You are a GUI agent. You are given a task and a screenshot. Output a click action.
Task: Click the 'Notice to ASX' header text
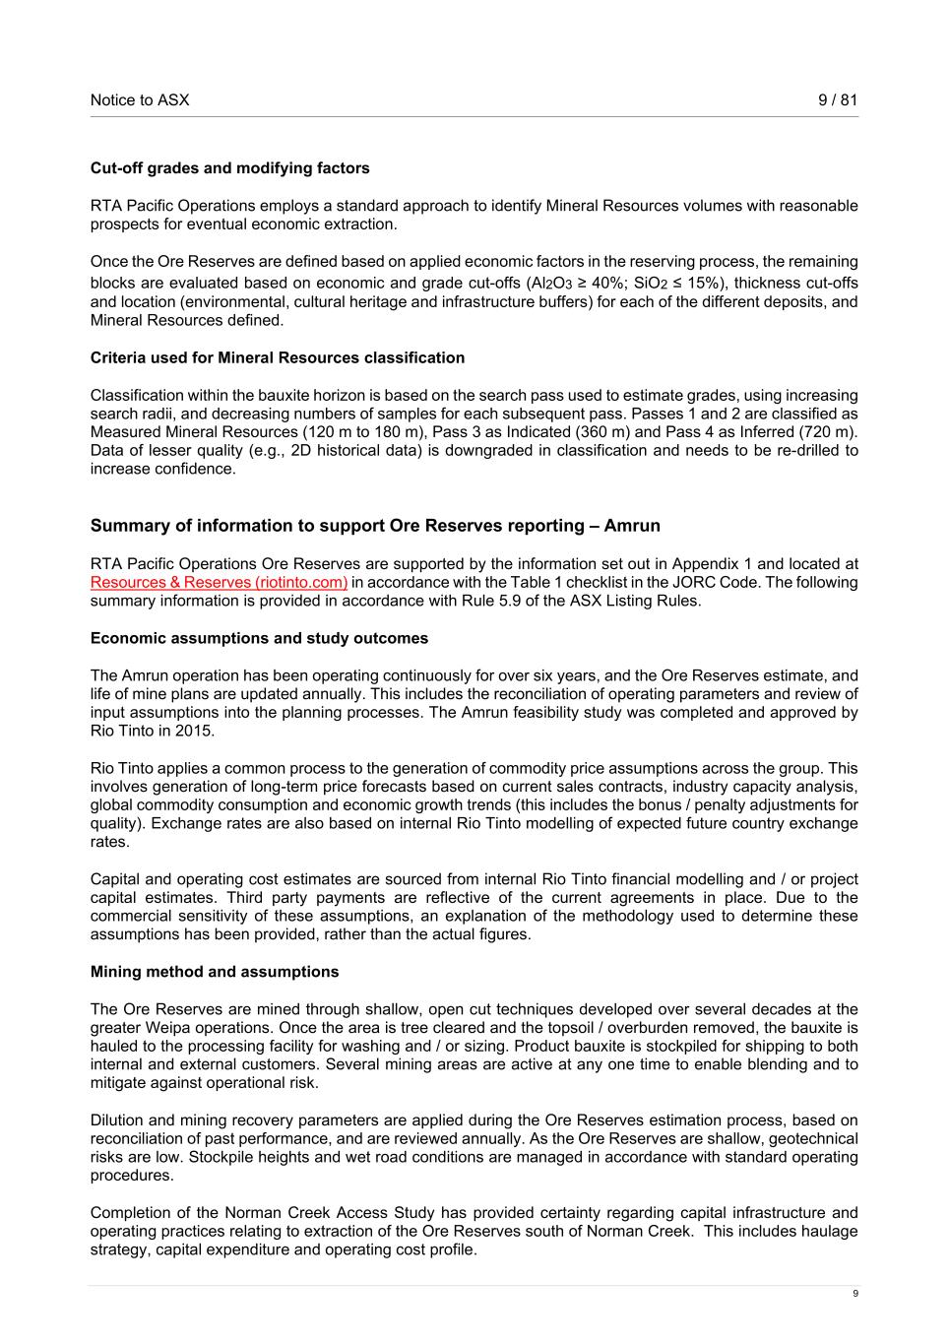pyautogui.click(x=140, y=99)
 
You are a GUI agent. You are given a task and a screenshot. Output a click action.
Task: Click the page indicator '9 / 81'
pyautogui.click(x=838, y=99)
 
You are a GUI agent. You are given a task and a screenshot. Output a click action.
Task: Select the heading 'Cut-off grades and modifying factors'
pyautogui.click(x=229, y=168)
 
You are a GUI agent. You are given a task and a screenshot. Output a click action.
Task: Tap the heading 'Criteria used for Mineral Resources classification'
pyautogui.click(x=277, y=357)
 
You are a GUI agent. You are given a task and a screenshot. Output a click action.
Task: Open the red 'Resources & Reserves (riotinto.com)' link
pyautogui.click(x=219, y=583)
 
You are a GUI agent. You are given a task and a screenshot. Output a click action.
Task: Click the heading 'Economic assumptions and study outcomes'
pyautogui.click(x=259, y=638)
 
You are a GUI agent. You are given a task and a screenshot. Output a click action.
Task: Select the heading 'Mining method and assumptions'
pyautogui.click(x=214, y=972)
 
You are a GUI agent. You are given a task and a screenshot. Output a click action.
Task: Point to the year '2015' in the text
pyautogui.click(x=193, y=732)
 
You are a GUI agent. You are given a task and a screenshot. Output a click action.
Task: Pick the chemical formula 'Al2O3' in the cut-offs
pyautogui.click(x=551, y=284)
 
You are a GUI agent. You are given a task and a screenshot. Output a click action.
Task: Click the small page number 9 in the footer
pyautogui.click(x=854, y=1294)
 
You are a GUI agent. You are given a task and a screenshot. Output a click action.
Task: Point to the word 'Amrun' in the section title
pyautogui.click(x=632, y=526)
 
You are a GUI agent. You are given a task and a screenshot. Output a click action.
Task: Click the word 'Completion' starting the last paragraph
pyautogui.click(x=131, y=1213)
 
